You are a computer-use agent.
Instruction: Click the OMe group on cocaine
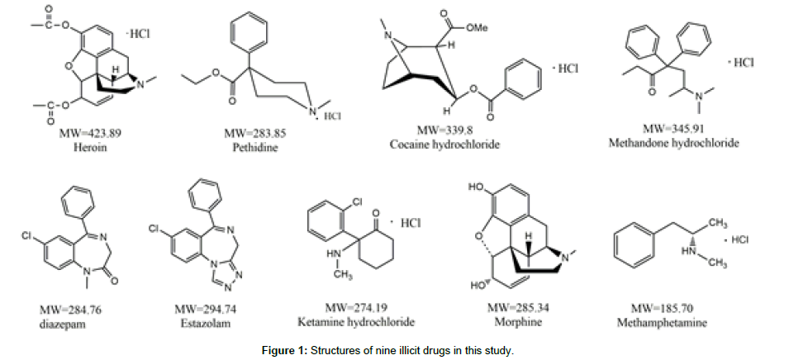(x=478, y=27)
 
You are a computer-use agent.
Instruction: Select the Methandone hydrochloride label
(x=673, y=143)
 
